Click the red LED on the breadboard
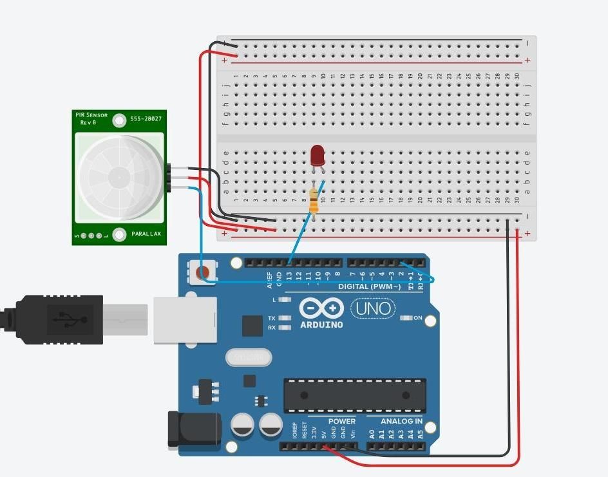317,156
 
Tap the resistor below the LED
314,201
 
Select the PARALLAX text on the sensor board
146,234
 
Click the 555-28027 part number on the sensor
146,119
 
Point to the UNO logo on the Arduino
373,309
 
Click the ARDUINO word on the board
321,325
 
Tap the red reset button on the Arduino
202,272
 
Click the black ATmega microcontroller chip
355,395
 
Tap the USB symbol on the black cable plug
65,319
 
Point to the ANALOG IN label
401,422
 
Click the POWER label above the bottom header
342,422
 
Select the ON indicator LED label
417,318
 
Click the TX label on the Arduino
272,319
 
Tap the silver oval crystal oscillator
249,357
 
